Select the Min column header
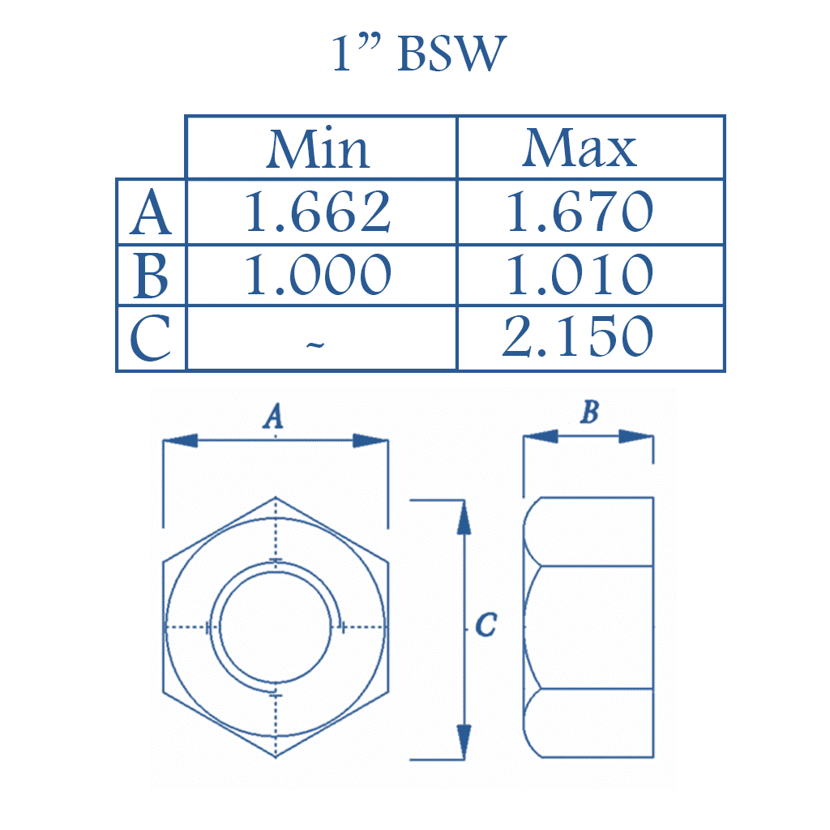tap(319, 149)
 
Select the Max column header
tap(580, 149)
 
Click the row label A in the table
tap(152, 212)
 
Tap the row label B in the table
tap(152, 276)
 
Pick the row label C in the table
tap(152, 339)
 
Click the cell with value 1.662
tap(319, 212)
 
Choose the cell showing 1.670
tap(580, 212)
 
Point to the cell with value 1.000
tap(319, 276)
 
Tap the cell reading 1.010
tap(580, 276)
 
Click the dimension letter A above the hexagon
tap(275, 417)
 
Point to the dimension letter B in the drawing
tap(590, 413)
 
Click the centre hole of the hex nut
tap(276, 627)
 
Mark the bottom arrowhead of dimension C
tap(464, 742)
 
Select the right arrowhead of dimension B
tap(637, 436)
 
